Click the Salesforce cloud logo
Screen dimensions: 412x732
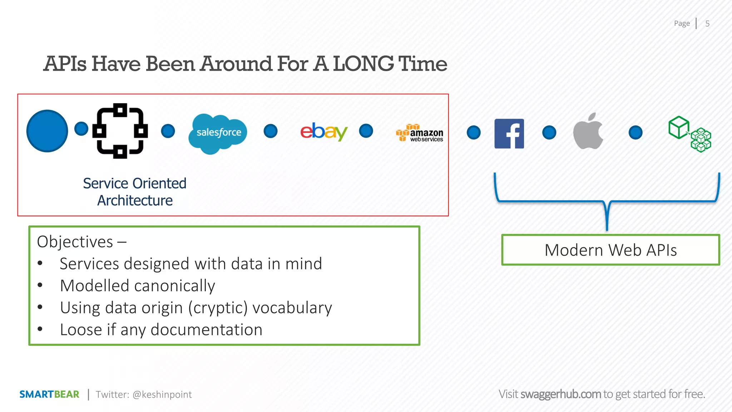pyautogui.click(x=218, y=133)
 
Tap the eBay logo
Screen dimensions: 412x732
pyautogui.click(x=323, y=131)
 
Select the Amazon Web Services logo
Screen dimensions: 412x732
pyautogui.click(x=420, y=133)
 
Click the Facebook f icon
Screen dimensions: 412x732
pyautogui.click(x=509, y=133)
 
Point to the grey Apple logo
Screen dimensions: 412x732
pyautogui.click(x=588, y=132)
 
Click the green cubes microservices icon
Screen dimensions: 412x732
pyautogui.click(x=690, y=134)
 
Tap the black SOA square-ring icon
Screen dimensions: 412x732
pyautogui.click(x=120, y=131)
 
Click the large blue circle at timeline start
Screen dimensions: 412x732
pyautogui.click(x=47, y=131)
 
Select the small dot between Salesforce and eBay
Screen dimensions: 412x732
pyautogui.click(x=271, y=131)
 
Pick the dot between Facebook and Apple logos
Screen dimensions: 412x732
pyautogui.click(x=549, y=132)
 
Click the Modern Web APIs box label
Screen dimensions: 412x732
pyautogui.click(x=610, y=250)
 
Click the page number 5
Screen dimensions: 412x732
pyautogui.click(x=707, y=24)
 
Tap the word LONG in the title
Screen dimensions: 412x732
pyautogui.click(x=363, y=64)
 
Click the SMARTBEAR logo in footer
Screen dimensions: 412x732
pyautogui.click(x=49, y=394)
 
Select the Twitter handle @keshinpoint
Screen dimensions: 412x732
pyautogui.click(x=162, y=394)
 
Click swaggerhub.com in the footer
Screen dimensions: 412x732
pyautogui.click(x=560, y=394)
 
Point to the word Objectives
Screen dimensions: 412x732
pyautogui.click(x=75, y=242)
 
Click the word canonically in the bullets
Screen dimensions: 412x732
pyautogui.click(x=174, y=286)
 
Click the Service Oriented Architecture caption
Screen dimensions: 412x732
pyautogui.click(x=135, y=192)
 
